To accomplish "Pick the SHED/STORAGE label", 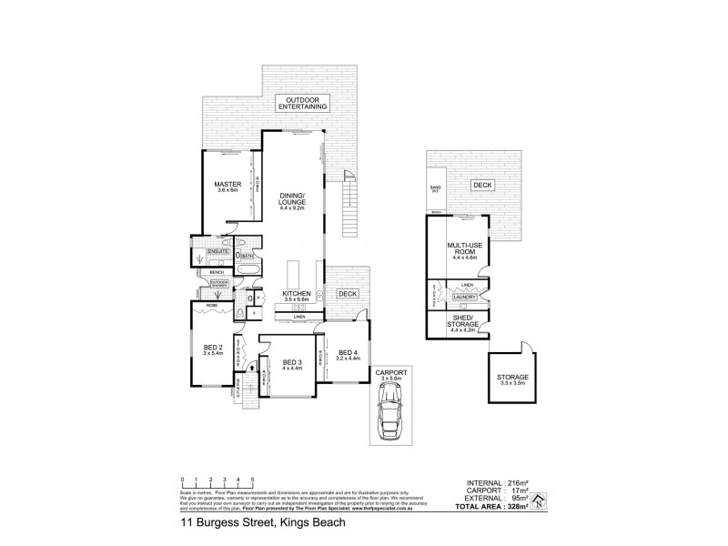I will click(x=464, y=323).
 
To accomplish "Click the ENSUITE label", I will click(x=217, y=251).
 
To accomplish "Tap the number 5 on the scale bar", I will click(x=252, y=478).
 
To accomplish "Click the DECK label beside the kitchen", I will click(x=347, y=294).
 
